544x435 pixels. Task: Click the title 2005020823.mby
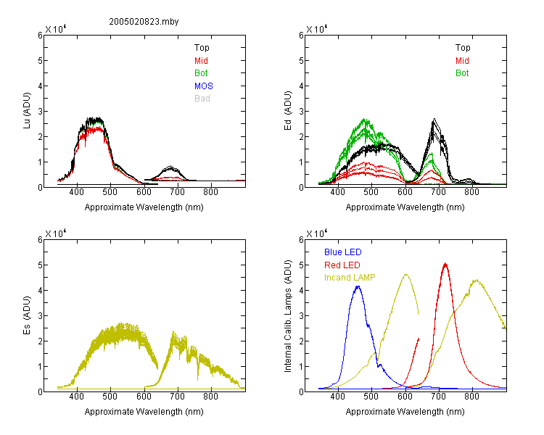(x=144, y=22)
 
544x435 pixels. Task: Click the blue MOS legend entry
(x=204, y=86)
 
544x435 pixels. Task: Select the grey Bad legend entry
(x=202, y=99)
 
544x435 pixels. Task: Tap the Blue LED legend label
(x=343, y=252)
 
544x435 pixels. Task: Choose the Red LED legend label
(x=342, y=265)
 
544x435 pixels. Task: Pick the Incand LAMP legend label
(x=350, y=278)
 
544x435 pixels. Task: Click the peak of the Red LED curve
(x=445, y=265)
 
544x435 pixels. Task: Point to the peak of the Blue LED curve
(x=358, y=286)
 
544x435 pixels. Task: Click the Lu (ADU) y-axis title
(x=27, y=111)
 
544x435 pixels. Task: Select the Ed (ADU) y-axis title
(x=288, y=111)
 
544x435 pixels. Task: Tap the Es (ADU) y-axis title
(x=27, y=315)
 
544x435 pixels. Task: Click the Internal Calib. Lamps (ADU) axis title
(x=288, y=316)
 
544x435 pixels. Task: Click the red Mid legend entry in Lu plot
(x=201, y=61)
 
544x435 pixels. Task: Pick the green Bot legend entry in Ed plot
(x=462, y=73)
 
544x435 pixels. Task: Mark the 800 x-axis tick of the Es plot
(x=210, y=396)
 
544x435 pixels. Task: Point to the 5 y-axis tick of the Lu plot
(x=40, y=61)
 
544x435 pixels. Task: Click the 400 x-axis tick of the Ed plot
(x=337, y=192)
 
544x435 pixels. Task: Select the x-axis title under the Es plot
(x=144, y=412)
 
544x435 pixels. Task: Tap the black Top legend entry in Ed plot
(x=463, y=48)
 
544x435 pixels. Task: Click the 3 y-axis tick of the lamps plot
(x=301, y=315)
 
